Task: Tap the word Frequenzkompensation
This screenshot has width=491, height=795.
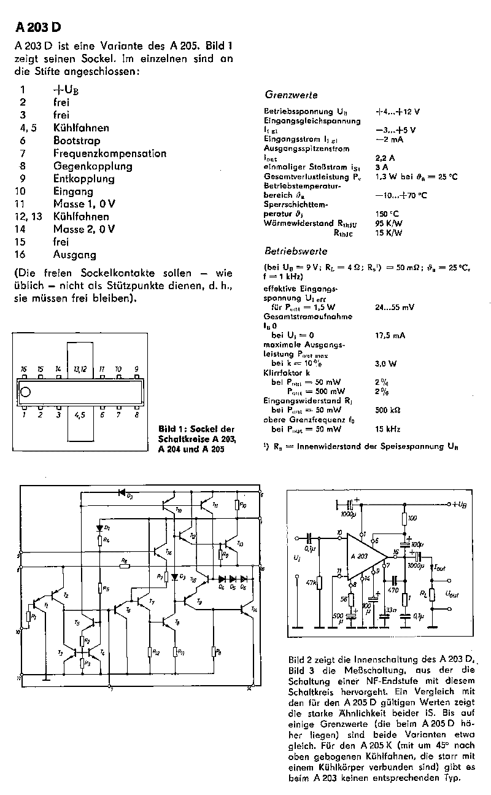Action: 109,153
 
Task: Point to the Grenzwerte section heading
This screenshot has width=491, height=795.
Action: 291,95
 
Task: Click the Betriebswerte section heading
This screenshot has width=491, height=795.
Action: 295,252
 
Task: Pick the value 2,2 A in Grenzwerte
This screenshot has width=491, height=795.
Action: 384,158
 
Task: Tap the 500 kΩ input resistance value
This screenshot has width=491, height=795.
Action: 387,409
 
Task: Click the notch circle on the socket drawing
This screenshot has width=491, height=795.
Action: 26,392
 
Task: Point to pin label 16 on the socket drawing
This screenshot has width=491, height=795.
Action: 23,369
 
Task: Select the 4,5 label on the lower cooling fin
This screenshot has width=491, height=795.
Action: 79,415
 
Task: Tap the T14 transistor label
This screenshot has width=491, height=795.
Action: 253,609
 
